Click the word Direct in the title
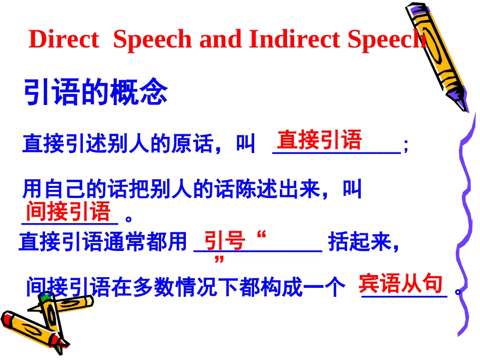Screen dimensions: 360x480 point(64,39)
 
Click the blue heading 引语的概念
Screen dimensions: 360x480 point(95,93)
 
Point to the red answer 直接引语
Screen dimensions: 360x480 point(319,140)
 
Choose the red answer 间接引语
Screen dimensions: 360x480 point(68,211)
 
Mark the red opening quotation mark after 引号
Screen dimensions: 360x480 point(261,235)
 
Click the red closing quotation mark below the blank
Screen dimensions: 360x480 point(219,260)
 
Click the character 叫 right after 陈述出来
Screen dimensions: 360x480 point(352,190)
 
